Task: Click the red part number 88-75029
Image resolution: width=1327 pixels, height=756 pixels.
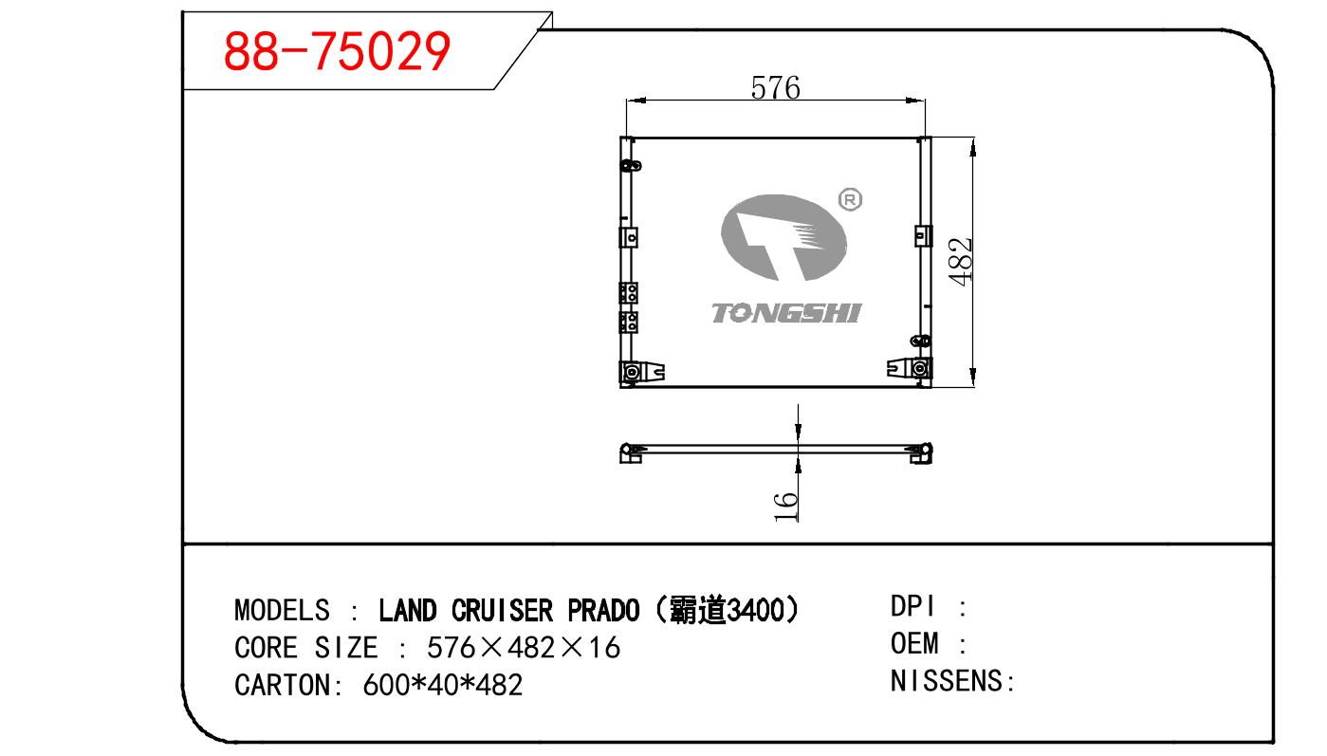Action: [x=337, y=51]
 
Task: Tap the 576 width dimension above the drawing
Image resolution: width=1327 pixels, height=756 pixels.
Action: [x=775, y=88]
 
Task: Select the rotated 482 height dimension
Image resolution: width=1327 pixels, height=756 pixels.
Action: [x=960, y=262]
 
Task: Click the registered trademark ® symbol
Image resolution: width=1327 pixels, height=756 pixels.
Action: [x=850, y=199]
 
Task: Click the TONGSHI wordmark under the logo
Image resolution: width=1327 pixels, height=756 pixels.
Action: [x=787, y=313]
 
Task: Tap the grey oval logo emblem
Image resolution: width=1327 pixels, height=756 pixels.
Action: [x=783, y=237]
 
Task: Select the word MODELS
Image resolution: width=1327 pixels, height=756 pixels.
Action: [x=282, y=610]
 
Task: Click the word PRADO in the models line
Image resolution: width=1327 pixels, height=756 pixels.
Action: [x=603, y=610]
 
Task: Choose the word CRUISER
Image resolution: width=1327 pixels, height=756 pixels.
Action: [x=502, y=610]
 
